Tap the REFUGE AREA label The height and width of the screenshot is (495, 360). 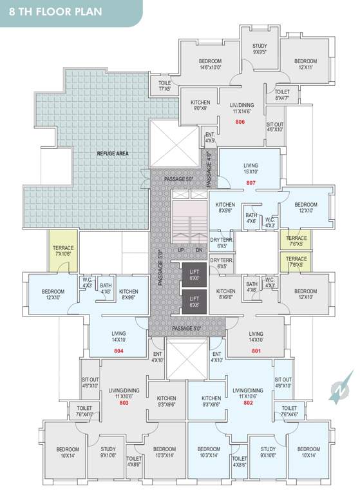pyautogui.click(x=111, y=154)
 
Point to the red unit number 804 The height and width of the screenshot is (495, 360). pyautogui.click(x=118, y=351)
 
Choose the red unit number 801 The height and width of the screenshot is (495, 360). pyautogui.click(x=256, y=351)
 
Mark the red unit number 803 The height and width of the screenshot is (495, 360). pyautogui.click(x=124, y=402)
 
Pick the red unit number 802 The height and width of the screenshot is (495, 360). pyautogui.click(x=248, y=402)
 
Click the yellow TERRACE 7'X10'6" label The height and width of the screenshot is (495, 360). pyautogui.click(x=63, y=251)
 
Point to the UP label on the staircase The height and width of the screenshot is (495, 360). pyautogui.click(x=182, y=249)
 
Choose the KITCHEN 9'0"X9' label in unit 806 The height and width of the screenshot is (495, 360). pyautogui.click(x=200, y=105)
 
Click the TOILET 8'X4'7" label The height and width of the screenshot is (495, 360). pyautogui.click(x=282, y=95)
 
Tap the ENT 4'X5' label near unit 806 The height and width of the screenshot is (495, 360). pyautogui.click(x=210, y=137)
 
